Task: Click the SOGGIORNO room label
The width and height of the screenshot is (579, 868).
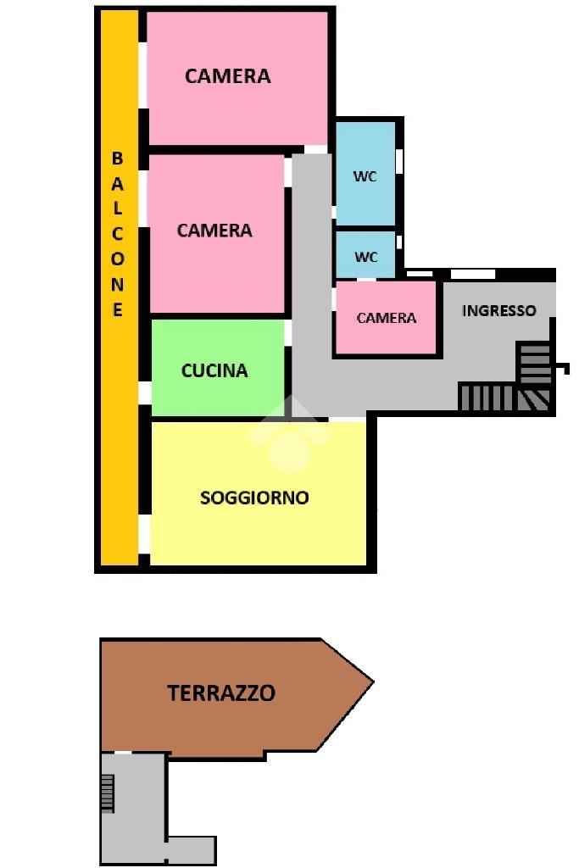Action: [x=254, y=498]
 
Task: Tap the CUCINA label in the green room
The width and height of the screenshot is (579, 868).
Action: [x=214, y=370]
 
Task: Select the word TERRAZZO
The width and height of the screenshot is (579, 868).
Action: [x=221, y=693]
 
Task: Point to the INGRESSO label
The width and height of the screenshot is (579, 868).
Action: [x=498, y=310]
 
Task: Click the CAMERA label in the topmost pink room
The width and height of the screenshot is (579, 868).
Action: [x=227, y=75]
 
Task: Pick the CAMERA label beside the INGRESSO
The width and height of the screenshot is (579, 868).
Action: [x=387, y=318]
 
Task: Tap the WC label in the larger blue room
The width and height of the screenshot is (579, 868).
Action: [x=365, y=176]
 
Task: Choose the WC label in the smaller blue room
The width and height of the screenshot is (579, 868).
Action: [x=366, y=257]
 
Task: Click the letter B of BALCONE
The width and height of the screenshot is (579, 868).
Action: [x=117, y=159]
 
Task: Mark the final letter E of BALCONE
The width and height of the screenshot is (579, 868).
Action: [x=117, y=309]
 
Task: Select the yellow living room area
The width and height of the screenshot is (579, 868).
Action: [x=258, y=493]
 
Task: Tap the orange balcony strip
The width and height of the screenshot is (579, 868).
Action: [x=119, y=288]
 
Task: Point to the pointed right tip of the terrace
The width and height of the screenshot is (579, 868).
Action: [x=373, y=682]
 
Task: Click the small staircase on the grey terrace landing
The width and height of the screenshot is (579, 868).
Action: [x=108, y=793]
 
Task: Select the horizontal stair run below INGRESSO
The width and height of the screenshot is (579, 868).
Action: [x=487, y=398]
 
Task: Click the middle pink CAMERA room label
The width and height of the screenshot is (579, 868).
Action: [x=214, y=231]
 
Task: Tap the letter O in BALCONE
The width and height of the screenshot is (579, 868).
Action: [x=117, y=259]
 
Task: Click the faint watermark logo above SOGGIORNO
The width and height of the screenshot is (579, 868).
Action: [x=288, y=437]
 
